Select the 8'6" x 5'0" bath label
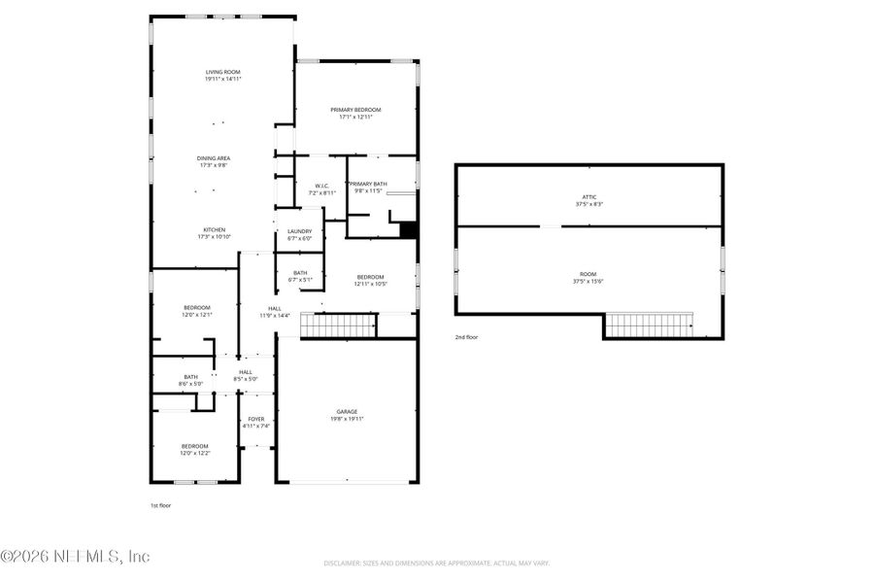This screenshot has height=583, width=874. point(191,380)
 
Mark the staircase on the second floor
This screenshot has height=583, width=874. point(649,325)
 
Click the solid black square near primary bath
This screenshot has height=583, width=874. point(408,230)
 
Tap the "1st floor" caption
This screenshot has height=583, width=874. point(160,505)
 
